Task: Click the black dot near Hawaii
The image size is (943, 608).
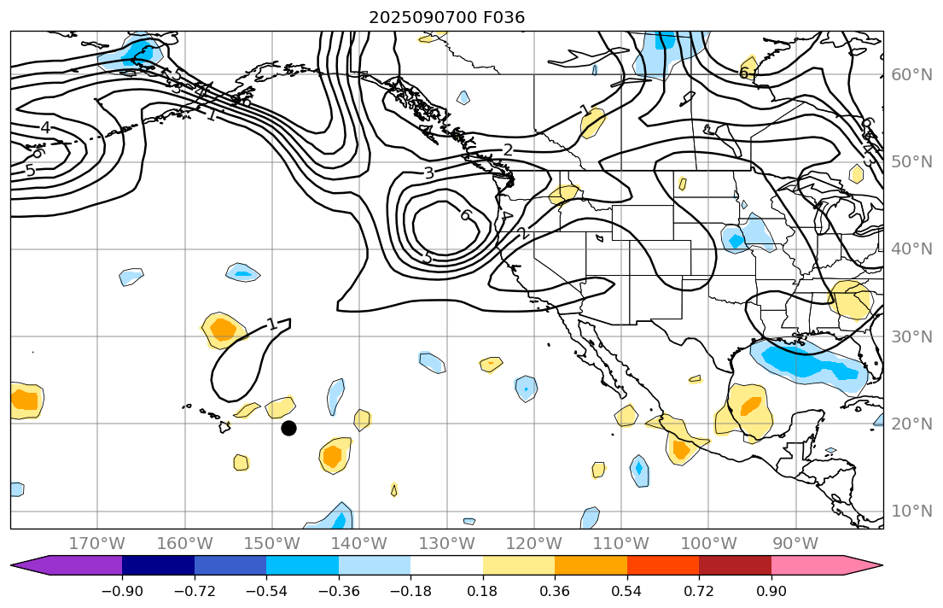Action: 288,428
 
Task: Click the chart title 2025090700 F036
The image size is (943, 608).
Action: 446,17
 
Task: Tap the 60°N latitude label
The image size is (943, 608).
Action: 911,74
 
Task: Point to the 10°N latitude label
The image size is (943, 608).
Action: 911,511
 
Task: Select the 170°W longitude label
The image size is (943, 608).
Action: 97,543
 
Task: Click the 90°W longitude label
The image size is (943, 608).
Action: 795,543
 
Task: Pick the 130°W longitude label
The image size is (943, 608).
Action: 446,543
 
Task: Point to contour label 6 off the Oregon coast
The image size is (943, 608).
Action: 466,214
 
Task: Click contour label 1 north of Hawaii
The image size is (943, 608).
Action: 271,324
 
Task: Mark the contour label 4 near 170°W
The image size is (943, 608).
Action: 45,128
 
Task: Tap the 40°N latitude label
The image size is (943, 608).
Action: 911,248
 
